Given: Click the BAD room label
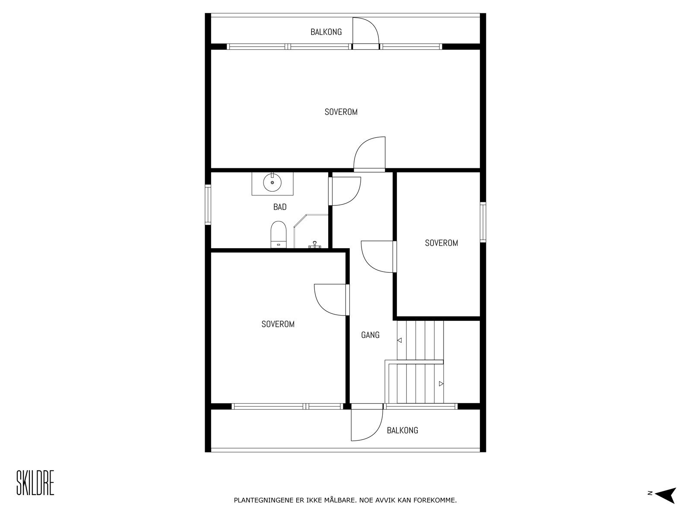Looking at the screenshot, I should tap(280, 207).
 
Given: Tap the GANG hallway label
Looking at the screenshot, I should tap(370, 335).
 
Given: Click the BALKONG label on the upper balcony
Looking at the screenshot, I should tap(326, 32).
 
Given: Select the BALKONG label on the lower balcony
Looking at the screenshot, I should tap(402, 430).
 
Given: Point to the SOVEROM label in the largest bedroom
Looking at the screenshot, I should tap(341, 112).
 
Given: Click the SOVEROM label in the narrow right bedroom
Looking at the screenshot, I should tap(441, 243).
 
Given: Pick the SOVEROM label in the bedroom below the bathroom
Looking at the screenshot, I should tap(278, 324).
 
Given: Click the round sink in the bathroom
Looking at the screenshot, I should tap(273, 183).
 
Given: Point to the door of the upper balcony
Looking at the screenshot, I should tap(366, 32).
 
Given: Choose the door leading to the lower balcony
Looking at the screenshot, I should tap(366, 425).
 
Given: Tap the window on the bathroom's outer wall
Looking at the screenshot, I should tap(208, 205).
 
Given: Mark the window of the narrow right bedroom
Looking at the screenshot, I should tap(483, 222).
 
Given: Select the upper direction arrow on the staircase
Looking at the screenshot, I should tap(399, 340).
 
